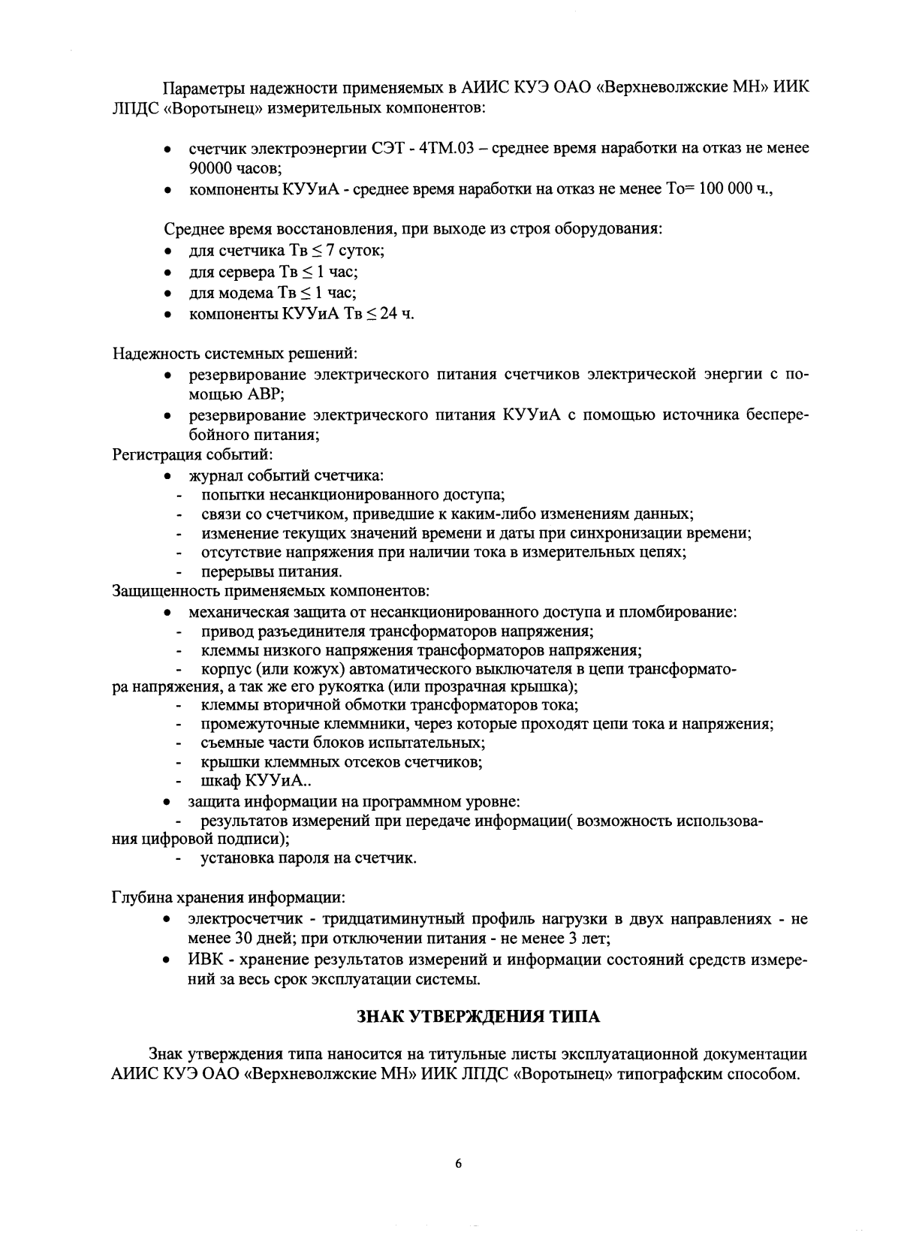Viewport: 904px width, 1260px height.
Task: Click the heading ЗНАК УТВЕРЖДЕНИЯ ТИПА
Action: [x=478, y=1017]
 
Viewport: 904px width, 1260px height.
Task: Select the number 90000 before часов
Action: [x=214, y=169]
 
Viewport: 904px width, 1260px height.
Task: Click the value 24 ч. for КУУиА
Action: [x=396, y=313]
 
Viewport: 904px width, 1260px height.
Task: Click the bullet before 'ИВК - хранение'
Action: [x=169, y=960]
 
